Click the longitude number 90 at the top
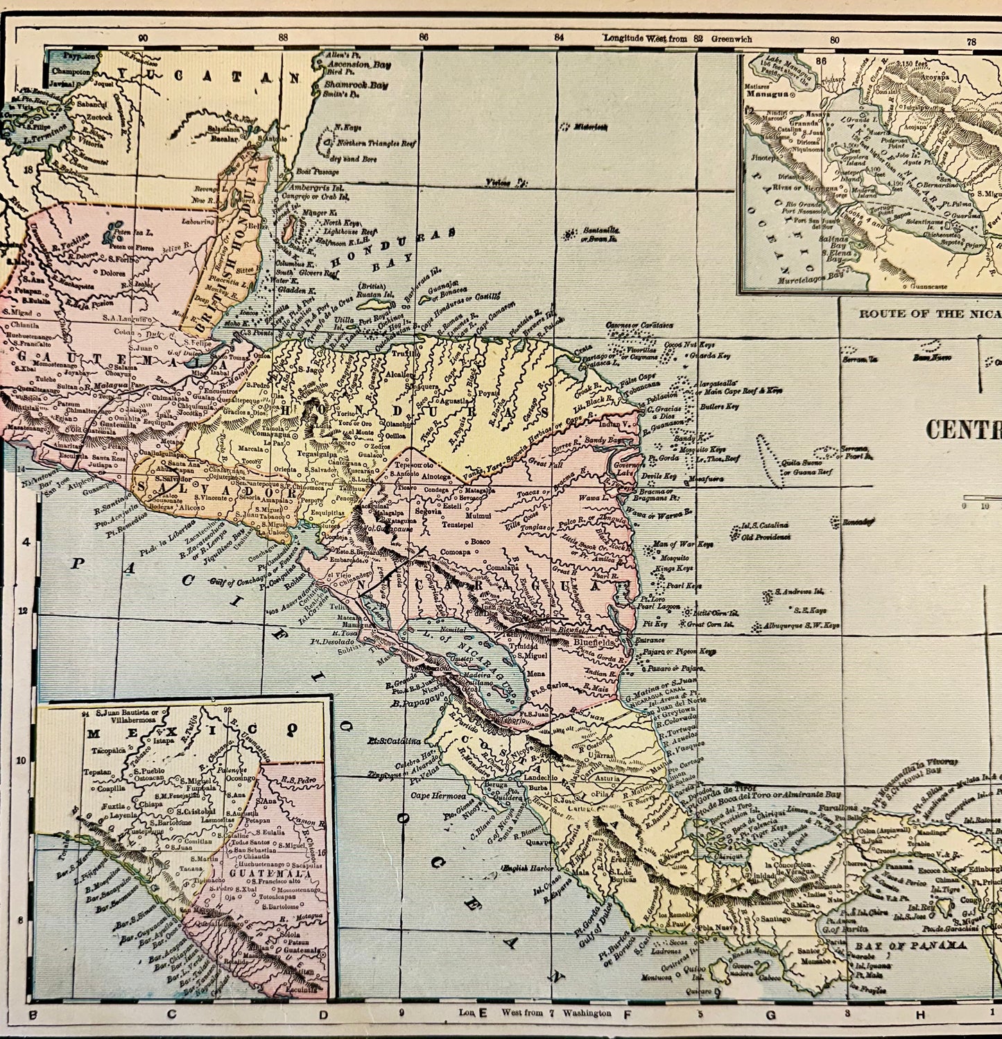143,39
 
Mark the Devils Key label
661,476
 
